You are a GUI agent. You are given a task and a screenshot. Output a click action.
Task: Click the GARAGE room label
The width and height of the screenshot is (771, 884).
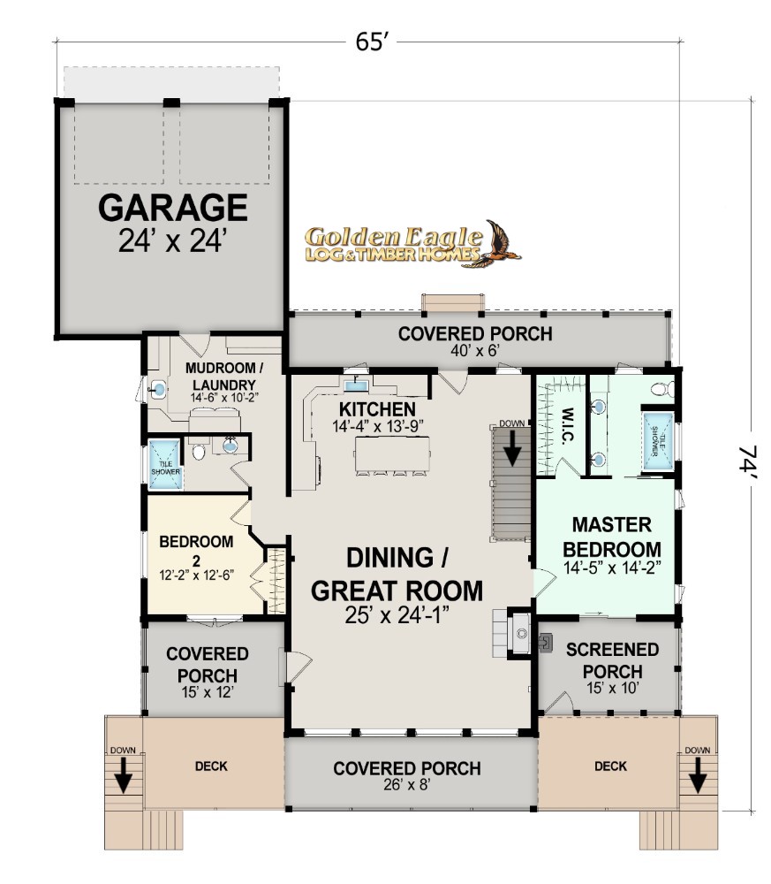(x=173, y=208)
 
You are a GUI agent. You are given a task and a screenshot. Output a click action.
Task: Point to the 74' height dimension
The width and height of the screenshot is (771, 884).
(x=750, y=461)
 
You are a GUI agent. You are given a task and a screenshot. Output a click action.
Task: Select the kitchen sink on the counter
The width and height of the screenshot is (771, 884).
(x=356, y=385)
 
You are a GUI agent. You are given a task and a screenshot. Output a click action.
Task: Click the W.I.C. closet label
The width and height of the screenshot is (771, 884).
(x=568, y=425)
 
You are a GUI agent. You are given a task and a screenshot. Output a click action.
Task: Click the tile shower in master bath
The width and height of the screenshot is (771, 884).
(x=658, y=441)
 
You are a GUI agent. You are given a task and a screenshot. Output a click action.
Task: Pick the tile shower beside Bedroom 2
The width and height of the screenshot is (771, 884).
(x=165, y=465)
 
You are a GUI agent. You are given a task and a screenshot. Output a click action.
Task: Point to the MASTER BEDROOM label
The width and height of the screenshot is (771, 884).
(x=612, y=537)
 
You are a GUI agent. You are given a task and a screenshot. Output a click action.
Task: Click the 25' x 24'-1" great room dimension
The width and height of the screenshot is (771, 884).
(x=397, y=615)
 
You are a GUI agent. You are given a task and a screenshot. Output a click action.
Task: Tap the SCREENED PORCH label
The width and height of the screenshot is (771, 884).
(x=612, y=660)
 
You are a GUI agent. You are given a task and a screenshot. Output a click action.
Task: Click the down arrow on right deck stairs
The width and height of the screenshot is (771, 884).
(x=697, y=775)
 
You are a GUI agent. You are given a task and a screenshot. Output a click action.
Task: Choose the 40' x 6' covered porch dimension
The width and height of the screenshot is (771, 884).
(x=475, y=351)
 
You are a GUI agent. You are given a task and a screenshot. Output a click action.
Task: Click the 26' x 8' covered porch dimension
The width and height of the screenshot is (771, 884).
(x=406, y=784)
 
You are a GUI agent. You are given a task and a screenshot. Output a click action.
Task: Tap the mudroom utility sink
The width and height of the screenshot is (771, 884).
(x=158, y=389)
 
